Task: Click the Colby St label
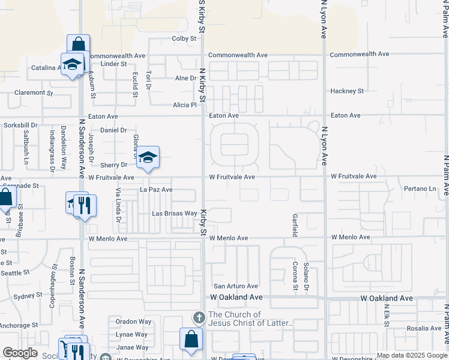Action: (184, 38)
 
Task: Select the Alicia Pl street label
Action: (185, 105)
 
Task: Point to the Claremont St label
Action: (34, 93)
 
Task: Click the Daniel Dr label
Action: (113, 130)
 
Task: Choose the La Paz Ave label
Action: (156, 190)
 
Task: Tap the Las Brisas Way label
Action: (175, 214)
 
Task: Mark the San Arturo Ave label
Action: (236, 286)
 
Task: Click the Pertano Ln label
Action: (420, 189)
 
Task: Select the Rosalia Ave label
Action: (423, 328)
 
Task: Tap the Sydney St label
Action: (28, 296)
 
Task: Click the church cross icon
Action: (199, 317)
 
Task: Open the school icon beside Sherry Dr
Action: (147, 157)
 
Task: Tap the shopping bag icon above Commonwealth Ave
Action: (78, 44)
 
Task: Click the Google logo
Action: (19, 353)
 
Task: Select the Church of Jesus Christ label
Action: (251, 319)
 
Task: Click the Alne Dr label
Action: (185, 79)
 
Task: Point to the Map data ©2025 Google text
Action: (412, 355)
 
